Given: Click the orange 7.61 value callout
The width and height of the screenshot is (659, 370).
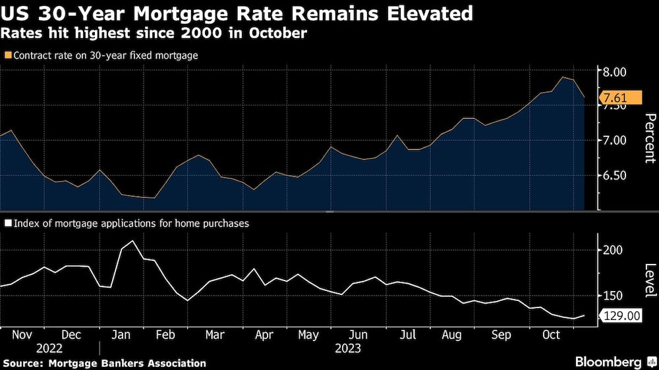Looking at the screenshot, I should click(x=620, y=99).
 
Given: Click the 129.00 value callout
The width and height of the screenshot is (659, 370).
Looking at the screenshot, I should click(x=621, y=317).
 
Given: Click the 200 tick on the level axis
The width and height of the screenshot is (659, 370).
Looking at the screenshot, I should click(x=612, y=250).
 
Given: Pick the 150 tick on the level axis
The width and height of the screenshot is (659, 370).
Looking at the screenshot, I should click(x=612, y=296).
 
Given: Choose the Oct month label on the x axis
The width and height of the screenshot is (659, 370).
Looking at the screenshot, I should click(x=551, y=334).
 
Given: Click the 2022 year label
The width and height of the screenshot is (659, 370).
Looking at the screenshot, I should click(x=49, y=348).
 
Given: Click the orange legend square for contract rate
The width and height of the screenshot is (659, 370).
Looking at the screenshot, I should click(x=7, y=56).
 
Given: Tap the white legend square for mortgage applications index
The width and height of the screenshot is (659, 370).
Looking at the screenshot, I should click(x=7, y=223).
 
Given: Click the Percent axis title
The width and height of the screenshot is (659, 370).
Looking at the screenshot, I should click(x=648, y=138).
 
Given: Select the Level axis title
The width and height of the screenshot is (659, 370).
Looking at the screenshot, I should click(x=648, y=280).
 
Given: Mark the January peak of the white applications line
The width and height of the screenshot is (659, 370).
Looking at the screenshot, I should click(x=134, y=241).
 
